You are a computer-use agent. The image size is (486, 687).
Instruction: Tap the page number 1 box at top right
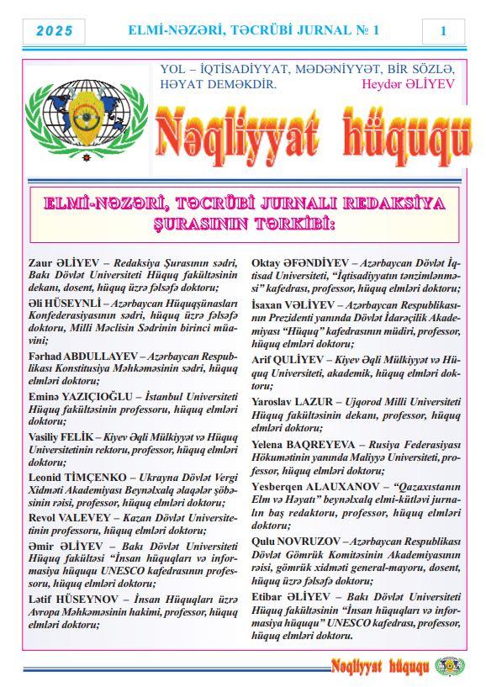pos(443,31)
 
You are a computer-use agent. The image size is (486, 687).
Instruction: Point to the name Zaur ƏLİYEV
pos(62,262)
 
